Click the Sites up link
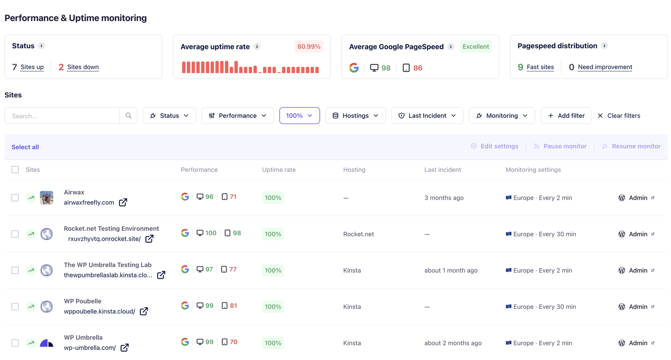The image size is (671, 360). pyautogui.click(x=32, y=67)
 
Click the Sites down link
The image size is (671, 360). pyautogui.click(x=83, y=67)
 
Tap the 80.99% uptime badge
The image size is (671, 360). pyautogui.click(x=309, y=47)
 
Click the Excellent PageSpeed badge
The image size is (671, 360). pyautogui.click(x=476, y=47)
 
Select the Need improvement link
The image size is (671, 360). pyautogui.click(x=605, y=67)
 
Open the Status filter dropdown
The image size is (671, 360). pyautogui.click(x=169, y=116)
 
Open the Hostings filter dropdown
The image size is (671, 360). pyautogui.click(x=355, y=116)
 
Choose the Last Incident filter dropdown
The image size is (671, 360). pyautogui.click(x=427, y=116)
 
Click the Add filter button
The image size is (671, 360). pyautogui.click(x=566, y=116)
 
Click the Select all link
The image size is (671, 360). pyautogui.click(x=25, y=147)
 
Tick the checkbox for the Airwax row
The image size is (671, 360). pyautogui.click(x=15, y=198)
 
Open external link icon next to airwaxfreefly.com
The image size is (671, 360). pyautogui.click(x=123, y=202)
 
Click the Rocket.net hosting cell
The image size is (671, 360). pyautogui.click(x=359, y=234)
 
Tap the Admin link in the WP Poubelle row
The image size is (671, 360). pyautogui.click(x=638, y=307)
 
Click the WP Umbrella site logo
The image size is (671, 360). pyautogui.click(x=47, y=343)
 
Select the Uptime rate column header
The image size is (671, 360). pyautogui.click(x=279, y=170)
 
